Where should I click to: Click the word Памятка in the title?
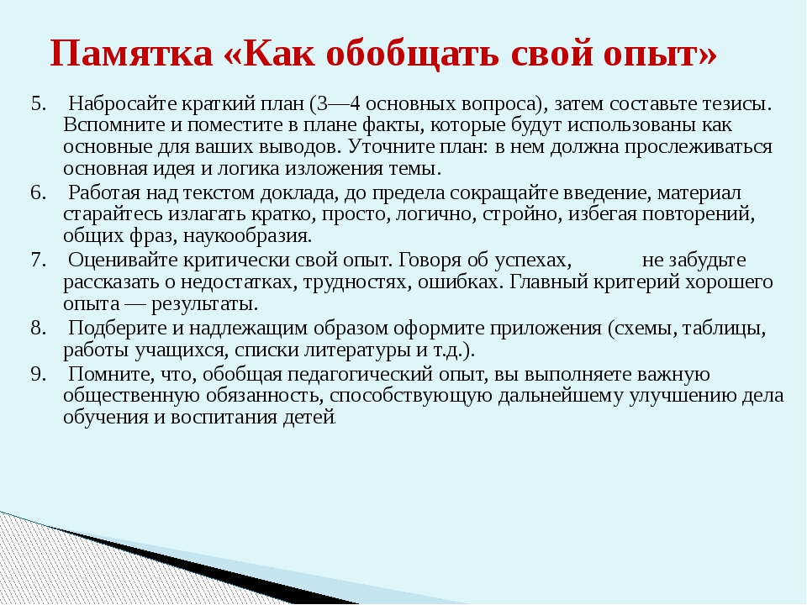[131, 52]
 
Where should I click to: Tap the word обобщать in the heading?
[412, 53]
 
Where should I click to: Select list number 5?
[39, 103]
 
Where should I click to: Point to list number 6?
[39, 192]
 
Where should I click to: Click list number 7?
[39, 260]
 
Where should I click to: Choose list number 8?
[39, 328]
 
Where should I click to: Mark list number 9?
[39, 373]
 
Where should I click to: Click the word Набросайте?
[123, 104]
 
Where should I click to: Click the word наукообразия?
[247, 236]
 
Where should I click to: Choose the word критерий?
[635, 282]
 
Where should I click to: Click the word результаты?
[204, 304]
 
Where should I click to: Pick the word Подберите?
[118, 329]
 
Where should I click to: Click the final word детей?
[309, 417]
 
